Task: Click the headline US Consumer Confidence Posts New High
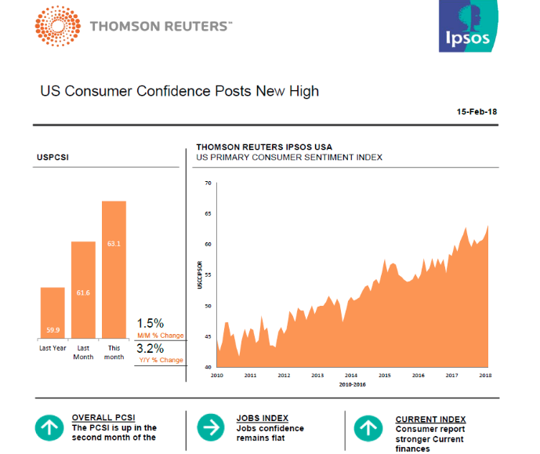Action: tap(179, 91)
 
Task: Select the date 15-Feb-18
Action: tap(477, 112)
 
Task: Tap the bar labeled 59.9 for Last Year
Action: tap(53, 312)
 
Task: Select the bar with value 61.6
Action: tap(83, 289)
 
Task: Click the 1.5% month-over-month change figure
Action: tap(150, 323)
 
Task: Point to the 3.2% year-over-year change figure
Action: tap(150, 348)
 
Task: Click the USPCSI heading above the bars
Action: tap(52, 157)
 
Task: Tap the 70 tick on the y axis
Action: tap(208, 183)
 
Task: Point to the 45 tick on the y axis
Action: tap(208, 336)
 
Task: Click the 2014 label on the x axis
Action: tap(351, 376)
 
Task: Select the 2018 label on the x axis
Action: tap(486, 376)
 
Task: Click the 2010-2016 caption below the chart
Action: tap(352, 386)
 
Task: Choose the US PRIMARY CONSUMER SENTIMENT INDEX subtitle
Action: tap(289, 157)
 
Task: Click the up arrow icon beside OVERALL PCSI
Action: tap(49, 428)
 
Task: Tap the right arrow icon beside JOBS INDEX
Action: tap(210, 428)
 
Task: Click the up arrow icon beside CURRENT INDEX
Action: tap(368, 428)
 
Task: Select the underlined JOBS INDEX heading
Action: tap(262, 419)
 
